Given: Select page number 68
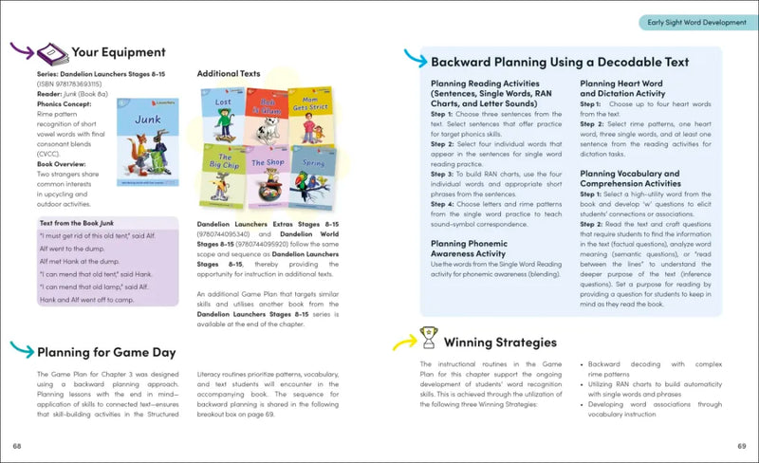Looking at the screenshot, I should [x=17, y=446].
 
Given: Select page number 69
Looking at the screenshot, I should [x=742, y=446].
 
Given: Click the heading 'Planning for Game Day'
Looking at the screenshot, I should [x=106, y=352].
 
